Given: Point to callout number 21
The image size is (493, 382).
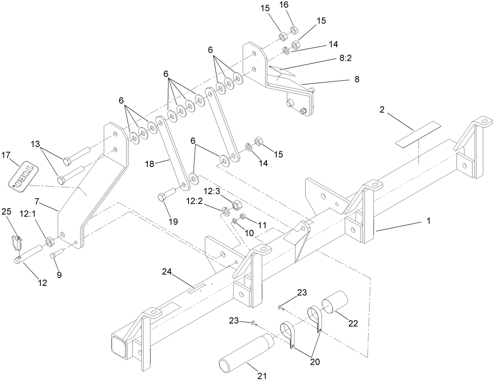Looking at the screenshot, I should click(262, 376).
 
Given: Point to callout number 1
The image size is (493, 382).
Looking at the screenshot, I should click(428, 221).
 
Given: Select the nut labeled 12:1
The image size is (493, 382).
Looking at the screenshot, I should click(50, 243).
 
